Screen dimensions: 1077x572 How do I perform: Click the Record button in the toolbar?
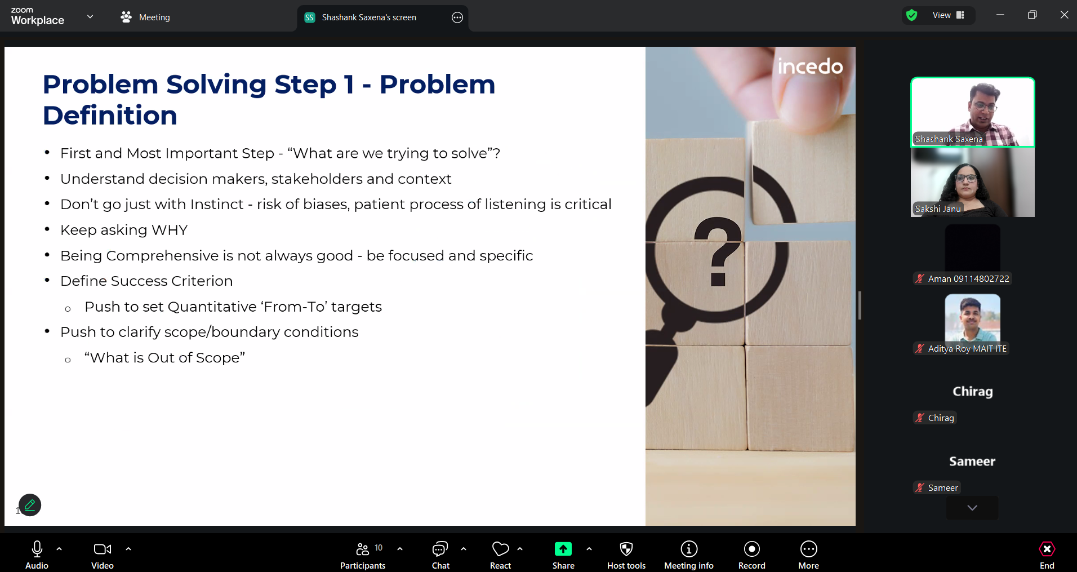tap(751, 555)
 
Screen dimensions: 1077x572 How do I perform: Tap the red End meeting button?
tap(1047, 555)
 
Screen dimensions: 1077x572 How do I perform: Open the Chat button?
tap(440, 555)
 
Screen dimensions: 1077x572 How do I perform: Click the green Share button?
tap(563, 555)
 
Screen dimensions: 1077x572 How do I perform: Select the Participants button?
tap(363, 555)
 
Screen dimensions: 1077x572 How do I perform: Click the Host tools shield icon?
tap(626, 549)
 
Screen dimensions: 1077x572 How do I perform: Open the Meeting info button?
tap(689, 555)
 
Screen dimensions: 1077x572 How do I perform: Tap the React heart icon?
tap(500, 549)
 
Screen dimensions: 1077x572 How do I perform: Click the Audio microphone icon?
tap(37, 549)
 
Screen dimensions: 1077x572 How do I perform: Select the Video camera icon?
tap(103, 549)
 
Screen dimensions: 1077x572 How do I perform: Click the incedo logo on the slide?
tap(810, 66)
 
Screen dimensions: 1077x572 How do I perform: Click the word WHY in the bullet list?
tap(170, 230)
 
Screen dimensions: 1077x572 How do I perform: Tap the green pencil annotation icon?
tap(30, 505)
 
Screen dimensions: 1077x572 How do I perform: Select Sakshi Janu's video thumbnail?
tap(973, 182)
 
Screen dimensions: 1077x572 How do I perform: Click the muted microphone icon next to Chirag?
tap(920, 418)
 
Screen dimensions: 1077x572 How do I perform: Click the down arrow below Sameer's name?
tap(972, 508)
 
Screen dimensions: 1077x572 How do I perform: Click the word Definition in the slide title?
tap(110, 116)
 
